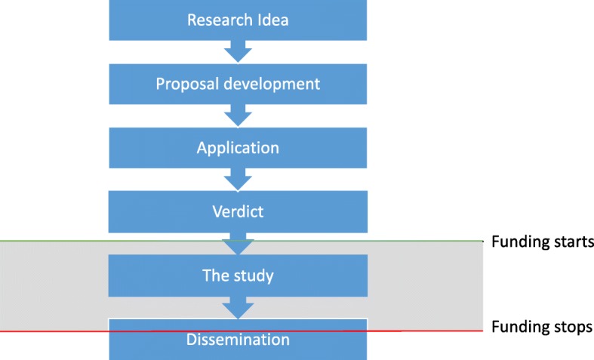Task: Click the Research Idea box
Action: pyautogui.click(x=239, y=19)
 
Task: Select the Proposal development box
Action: pyautogui.click(x=239, y=83)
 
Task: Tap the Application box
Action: pyautogui.click(x=239, y=147)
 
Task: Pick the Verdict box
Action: pyautogui.click(x=239, y=211)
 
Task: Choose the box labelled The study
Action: pyautogui.click(x=239, y=275)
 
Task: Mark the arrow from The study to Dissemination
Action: pyautogui.click(x=239, y=308)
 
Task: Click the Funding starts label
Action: pyautogui.click(x=543, y=242)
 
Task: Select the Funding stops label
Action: pyautogui.click(x=542, y=328)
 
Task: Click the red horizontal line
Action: pyautogui.click(x=60, y=331)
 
